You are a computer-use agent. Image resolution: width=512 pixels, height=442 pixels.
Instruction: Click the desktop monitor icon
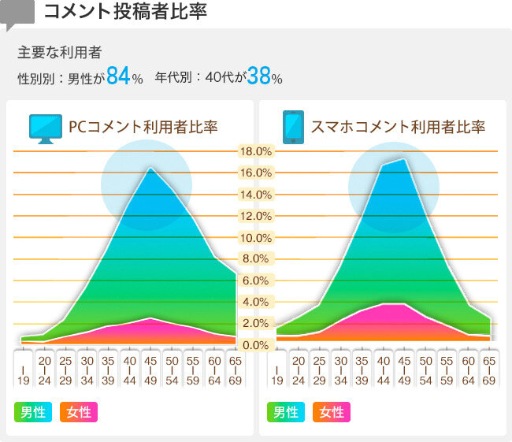click(46, 128)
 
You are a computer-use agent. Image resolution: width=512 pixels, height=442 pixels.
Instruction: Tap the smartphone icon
click(293, 127)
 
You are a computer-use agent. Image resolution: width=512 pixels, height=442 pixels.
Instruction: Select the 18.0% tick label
click(256, 151)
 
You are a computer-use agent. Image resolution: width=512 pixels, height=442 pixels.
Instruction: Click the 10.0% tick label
click(256, 238)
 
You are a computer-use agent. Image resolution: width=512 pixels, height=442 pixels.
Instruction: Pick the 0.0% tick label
click(256, 345)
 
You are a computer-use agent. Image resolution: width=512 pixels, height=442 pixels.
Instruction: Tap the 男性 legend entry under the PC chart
click(33, 411)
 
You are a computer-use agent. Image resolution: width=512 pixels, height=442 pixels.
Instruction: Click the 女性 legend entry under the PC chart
click(78, 411)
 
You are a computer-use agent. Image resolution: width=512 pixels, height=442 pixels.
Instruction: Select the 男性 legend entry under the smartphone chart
click(287, 411)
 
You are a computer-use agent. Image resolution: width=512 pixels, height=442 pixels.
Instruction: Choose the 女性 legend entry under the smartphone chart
click(332, 411)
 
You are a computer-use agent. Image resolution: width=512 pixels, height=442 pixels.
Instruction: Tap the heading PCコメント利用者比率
click(143, 127)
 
